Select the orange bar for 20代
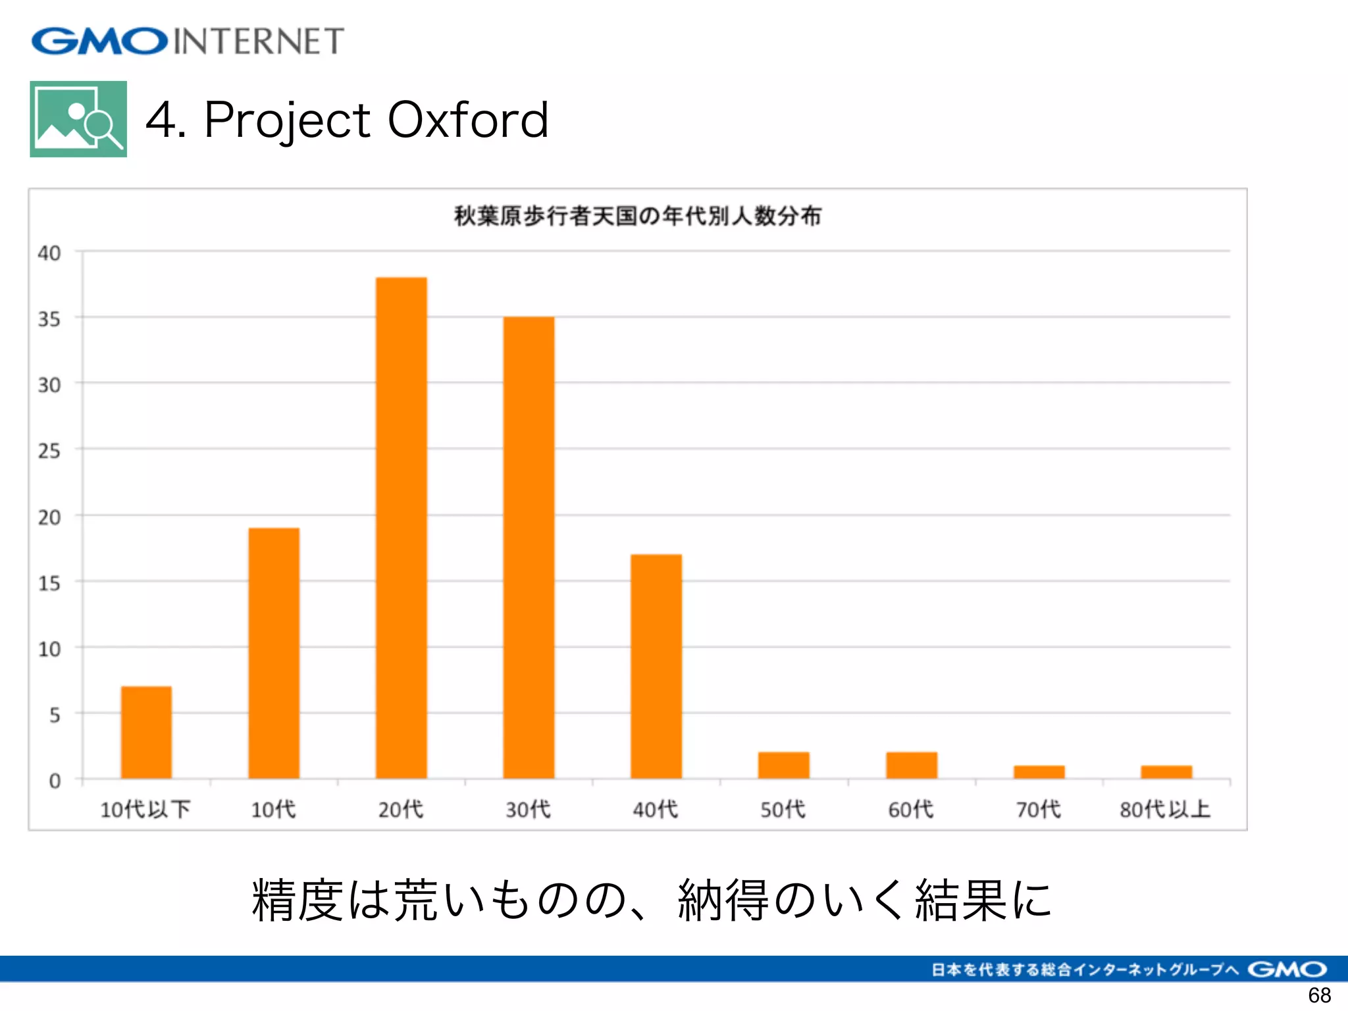pyautogui.click(x=401, y=527)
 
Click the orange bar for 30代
pyautogui.click(x=529, y=546)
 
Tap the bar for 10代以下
pyautogui.click(x=146, y=732)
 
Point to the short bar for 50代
pyautogui.click(x=783, y=765)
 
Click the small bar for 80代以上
pyautogui.click(x=1166, y=771)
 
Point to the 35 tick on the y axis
pyautogui.click(x=49, y=319)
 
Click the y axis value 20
pyautogui.click(x=49, y=517)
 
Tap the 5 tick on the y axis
pyautogui.click(x=55, y=715)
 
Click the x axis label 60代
pyautogui.click(x=911, y=809)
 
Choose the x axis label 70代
pyautogui.click(x=1038, y=809)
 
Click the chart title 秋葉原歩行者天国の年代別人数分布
pyautogui.click(x=637, y=216)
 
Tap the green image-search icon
pyautogui.click(x=78, y=119)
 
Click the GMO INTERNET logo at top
pyautogui.click(x=188, y=41)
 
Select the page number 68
pyautogui.click(x=1319, y=995)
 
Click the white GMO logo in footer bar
pyautogui.click(x=1287, y=969)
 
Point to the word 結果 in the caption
pyautogui.click(x=960, y=900)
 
